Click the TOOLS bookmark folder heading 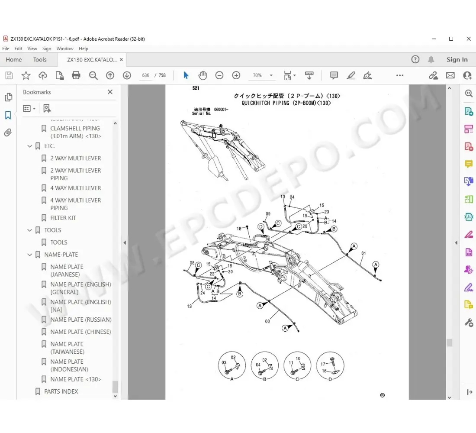click(52, 230)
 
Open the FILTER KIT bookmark click(63, 218)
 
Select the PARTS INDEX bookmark click(61, 391)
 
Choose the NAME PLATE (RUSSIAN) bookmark click(80, 320)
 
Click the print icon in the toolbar click(76, 75)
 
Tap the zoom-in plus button click(236, 75)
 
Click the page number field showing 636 click(146, 75)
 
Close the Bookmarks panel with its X click(110, 92)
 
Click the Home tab click(14, 60)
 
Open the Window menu click(65, 48)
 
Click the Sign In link click(457, 60)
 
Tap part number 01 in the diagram click(363, 253)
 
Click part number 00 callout click(267, 322)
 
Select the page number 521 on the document click(196, 88)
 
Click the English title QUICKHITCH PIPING click(286, 103)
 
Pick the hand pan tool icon click(203, 75)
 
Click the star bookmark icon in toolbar click(26, 75)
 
